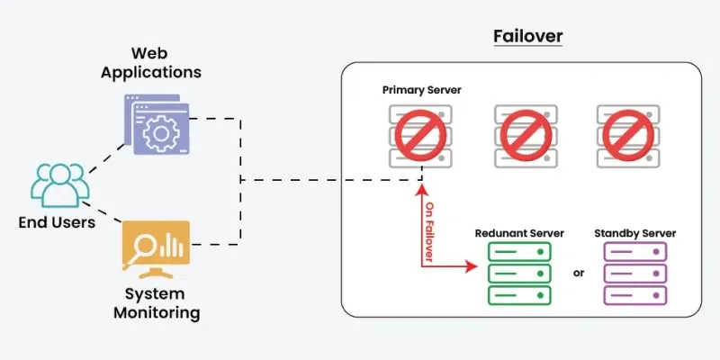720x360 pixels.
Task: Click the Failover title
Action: pyautogui.click(x=527, y=37)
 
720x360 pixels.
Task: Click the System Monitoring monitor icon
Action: pyautogui.click(x=157, y=248)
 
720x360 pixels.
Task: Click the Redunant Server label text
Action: pyautogui.click(x=519, y=233)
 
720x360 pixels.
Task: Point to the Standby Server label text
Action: pyautogui.click(x=634, y=233)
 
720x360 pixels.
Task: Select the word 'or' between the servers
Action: pyautogui.click(x=578, y=272)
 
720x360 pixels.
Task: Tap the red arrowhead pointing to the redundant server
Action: pyautogui.click(x=472, y=267)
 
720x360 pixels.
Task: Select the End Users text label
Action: pyautogui.click(x=58, y=222)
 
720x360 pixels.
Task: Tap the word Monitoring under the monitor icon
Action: pyautogui.click(x=157, y=313)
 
